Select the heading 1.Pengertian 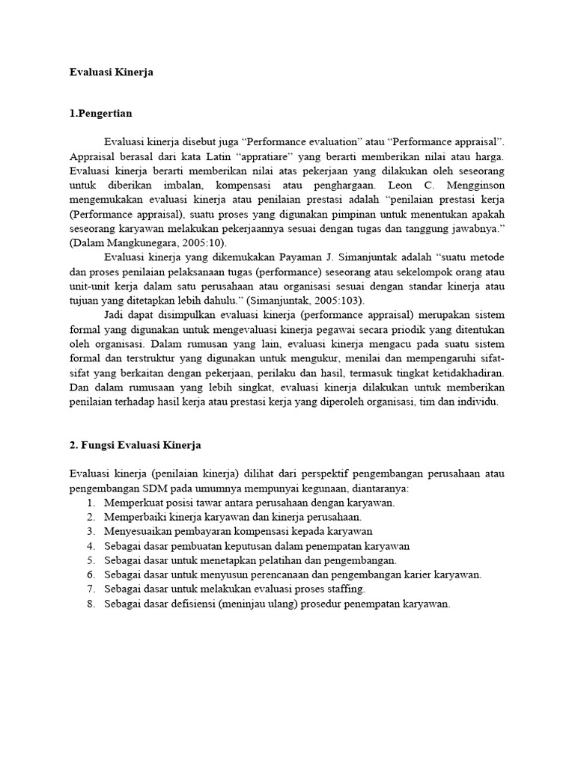[100, 114]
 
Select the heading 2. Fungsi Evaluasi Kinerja [135, 444]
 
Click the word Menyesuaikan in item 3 [138, 531]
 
